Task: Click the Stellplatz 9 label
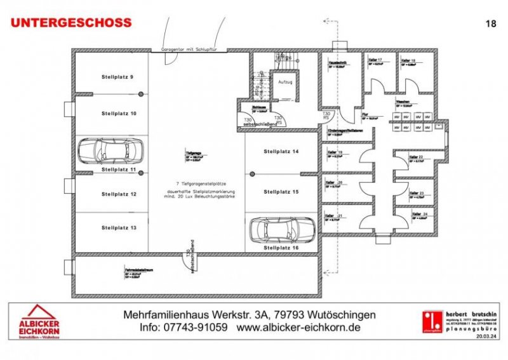tap(117, 76)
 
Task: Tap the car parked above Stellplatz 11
tap(102, 151)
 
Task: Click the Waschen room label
tap(402, 102)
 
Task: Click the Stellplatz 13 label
tap(117, 227)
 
